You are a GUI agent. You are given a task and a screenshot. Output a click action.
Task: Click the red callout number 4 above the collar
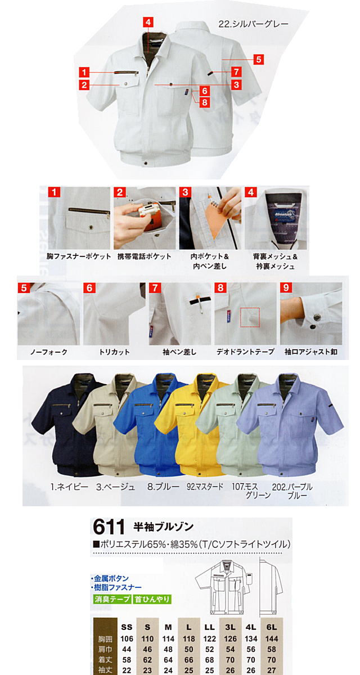tap(148, 22)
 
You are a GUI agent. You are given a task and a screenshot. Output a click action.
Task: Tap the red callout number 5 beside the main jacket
tap(259, 60)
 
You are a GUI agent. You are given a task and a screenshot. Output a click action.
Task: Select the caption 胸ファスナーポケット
tap(79, 256)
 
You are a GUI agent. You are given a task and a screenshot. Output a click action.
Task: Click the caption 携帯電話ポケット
tap(145, 256)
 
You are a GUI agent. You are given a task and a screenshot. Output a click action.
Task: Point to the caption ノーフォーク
tap(49, 352)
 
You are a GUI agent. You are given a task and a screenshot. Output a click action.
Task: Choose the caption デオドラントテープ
tap(245, 352)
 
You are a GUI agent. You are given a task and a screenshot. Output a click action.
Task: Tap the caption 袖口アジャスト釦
tap(311, 352)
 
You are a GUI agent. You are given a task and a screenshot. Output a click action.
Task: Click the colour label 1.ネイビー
tap(69, 487)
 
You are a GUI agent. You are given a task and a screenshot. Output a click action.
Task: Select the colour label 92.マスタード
tap(205, 487)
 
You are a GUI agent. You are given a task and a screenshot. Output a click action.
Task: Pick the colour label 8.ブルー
tap(163, 487)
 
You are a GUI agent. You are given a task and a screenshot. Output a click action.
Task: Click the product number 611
tap(109, 526)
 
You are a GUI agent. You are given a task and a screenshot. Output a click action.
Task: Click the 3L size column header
tap(230, 627)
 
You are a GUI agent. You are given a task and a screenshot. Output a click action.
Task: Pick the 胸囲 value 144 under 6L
tap(272, 638)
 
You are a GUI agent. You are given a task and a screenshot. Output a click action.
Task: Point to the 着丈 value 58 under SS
tap(127, 660)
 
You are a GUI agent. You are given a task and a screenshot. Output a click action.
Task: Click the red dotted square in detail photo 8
tap(250, 317)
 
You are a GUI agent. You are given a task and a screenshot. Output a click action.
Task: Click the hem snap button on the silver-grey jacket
tap(146, 163)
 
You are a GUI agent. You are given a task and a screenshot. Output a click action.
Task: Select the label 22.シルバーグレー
tap(253, 24)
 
